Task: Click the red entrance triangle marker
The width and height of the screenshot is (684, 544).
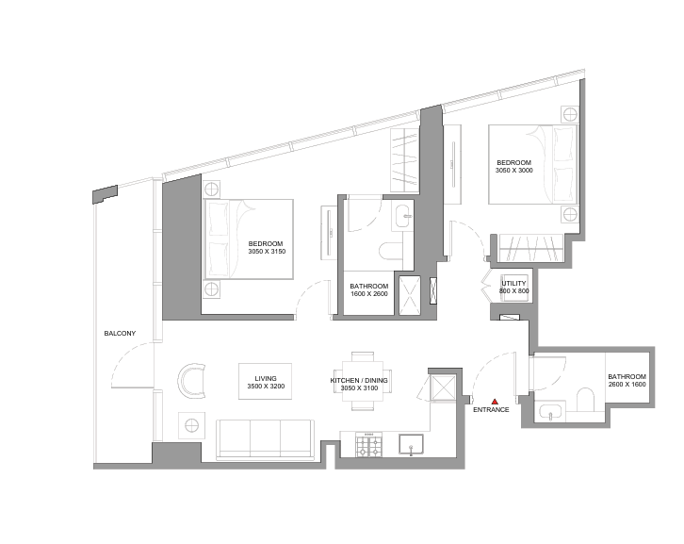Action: tap(495, 402)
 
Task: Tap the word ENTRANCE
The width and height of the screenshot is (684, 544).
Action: tap(491, 410)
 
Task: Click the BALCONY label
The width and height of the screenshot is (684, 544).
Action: tap(120, 334)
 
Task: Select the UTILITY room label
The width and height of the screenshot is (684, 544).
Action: tap(513, 284)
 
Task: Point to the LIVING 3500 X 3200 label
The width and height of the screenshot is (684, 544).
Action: tap(266, 383)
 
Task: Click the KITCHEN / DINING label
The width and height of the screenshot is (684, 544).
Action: tap(359, 381)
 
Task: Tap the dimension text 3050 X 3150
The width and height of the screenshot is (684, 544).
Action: tap(267, 252)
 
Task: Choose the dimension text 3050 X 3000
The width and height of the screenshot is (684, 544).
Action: tap(513, 171)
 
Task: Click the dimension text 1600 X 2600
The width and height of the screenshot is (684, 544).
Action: tap(369, 294)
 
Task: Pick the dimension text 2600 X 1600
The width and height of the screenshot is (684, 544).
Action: tap(627, 385)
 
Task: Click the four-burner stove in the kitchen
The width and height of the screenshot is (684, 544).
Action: tap(369, 444)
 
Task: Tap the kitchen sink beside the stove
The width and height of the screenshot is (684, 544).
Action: tap(411, 444)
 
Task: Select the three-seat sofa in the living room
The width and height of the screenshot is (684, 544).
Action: tap(266, 439)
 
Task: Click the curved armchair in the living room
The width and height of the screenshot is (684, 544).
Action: tap(192, 380)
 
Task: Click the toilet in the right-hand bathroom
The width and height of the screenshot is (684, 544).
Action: tap(586, 400)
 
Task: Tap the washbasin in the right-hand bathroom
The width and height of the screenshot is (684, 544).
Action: tap(552, 413)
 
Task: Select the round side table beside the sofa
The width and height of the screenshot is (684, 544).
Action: tap(192, 425)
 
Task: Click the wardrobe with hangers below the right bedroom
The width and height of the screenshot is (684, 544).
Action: tap(531, 248)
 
